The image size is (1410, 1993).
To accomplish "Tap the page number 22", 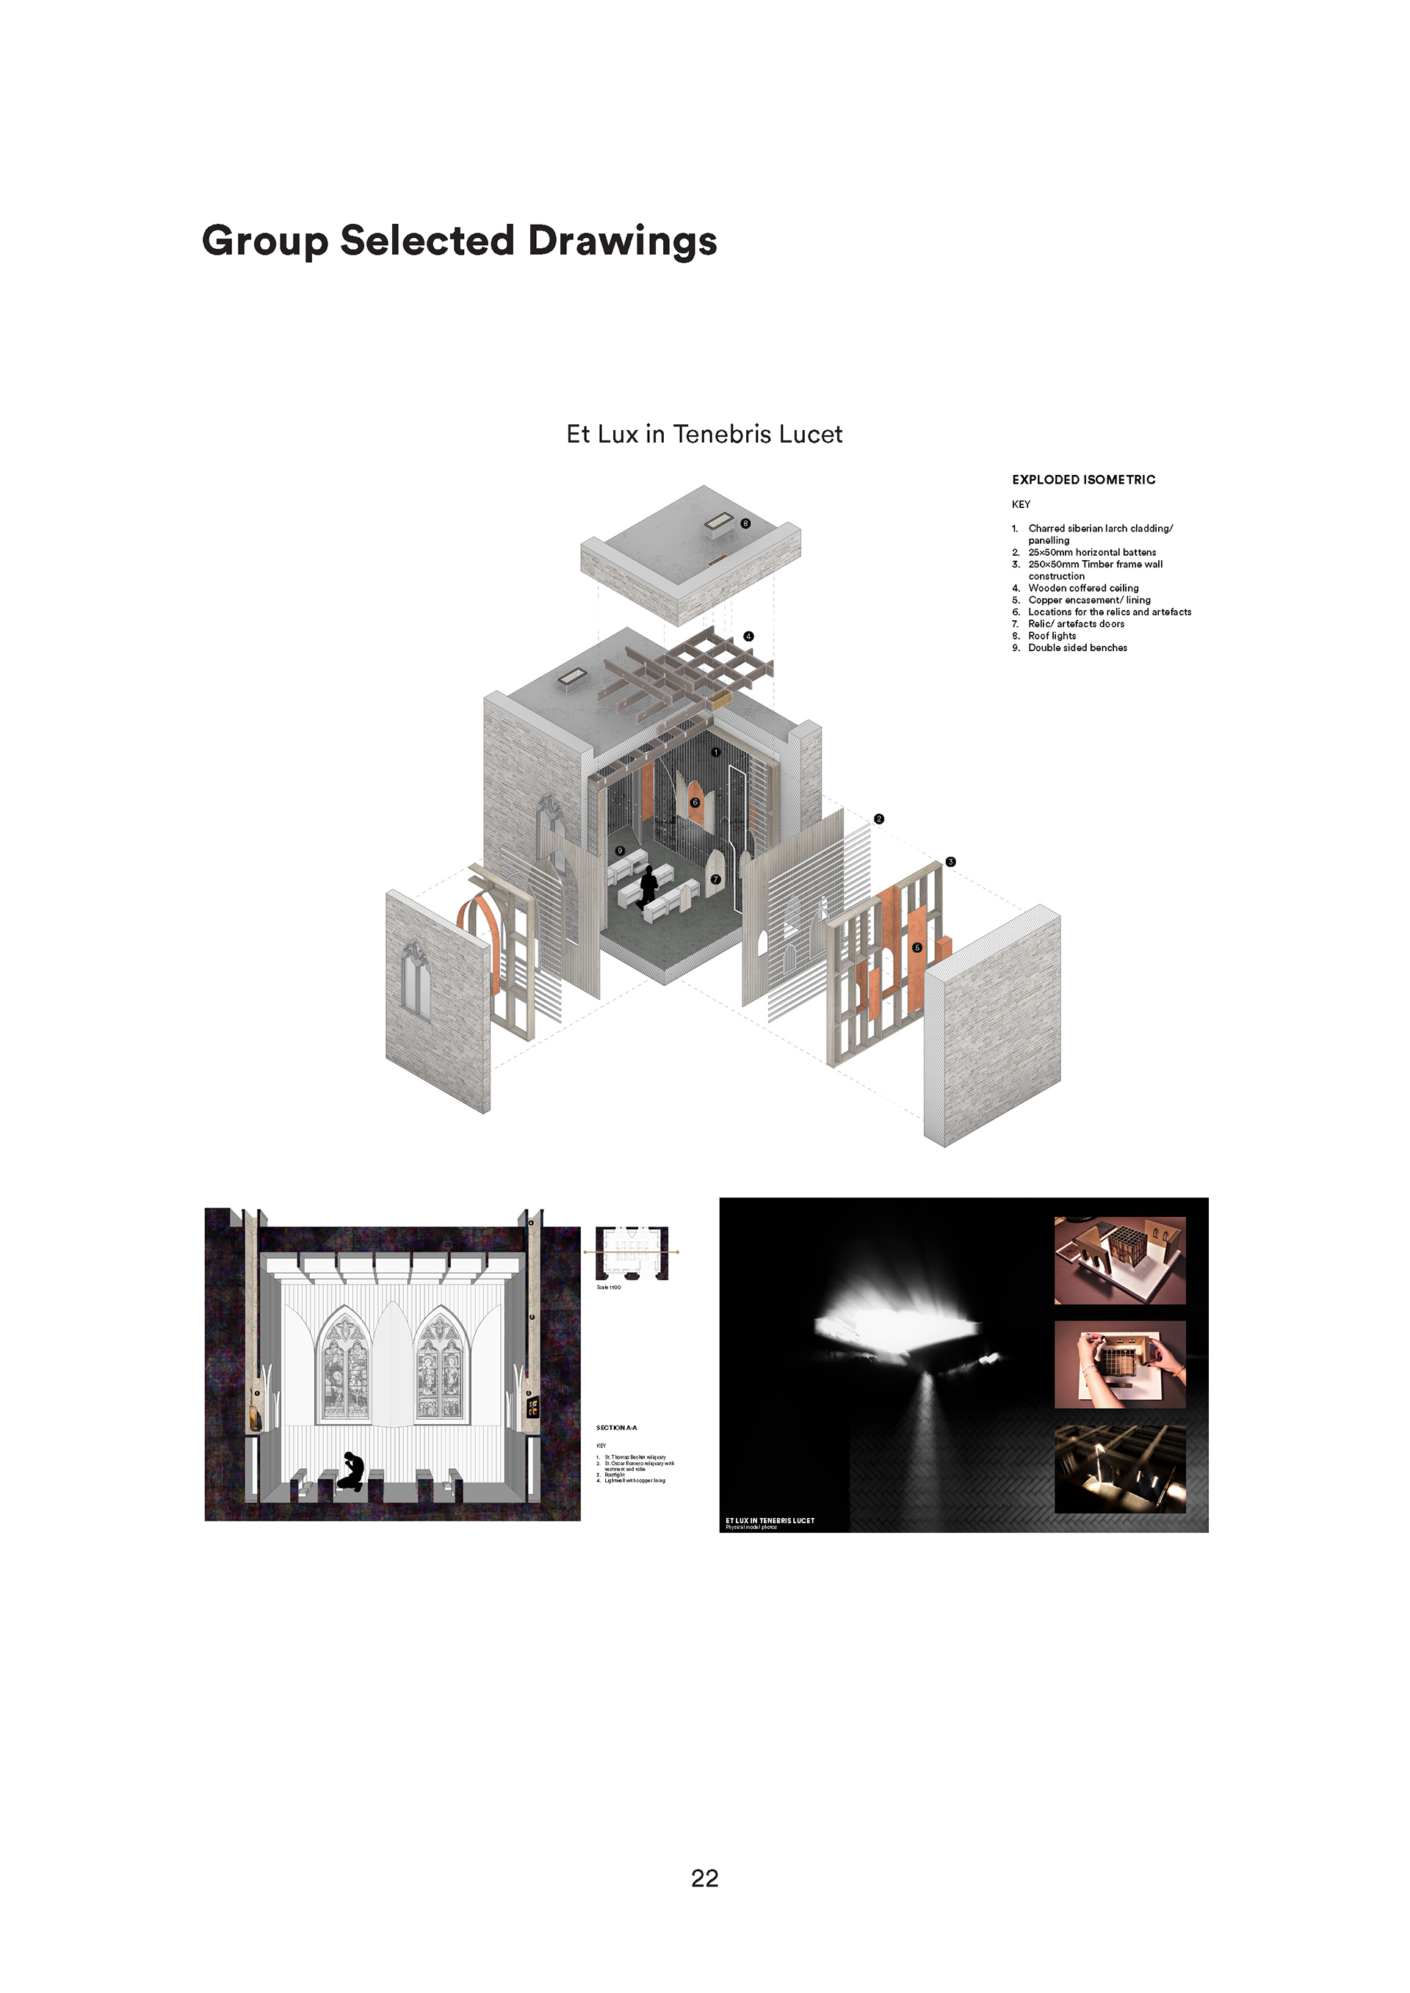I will pyautogui.click(x=704, y=1878).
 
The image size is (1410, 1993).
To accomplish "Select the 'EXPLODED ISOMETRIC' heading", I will pyautogui.click(x=1082, y=479).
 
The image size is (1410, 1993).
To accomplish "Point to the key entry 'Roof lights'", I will pyautogui.click(x=1052, y=636).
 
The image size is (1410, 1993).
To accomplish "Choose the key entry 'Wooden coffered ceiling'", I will pyautogui.click(x=1082, y=588).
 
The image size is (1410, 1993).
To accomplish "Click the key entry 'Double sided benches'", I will pyautogui.click(x=1077, y=647).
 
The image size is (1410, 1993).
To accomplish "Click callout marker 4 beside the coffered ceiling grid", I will pyautogui.click(x=748, y=636).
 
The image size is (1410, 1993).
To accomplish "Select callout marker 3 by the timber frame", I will pyautogui.click(x=951, y=862).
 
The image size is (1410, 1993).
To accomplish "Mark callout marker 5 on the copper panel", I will pyautogui.click(x=916, y=948).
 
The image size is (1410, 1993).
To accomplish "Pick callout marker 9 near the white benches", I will pyautogui.click(x=620, y=851).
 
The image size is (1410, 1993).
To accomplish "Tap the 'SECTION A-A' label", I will pyautogui.click(x=616, y=1428).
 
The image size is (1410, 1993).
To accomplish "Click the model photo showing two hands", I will pyautogui.click(x=1119, y=1365).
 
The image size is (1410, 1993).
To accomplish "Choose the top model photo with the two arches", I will pyautogui.click(x=1119, y=1260).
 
